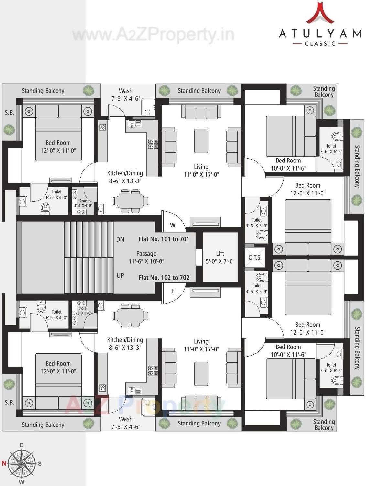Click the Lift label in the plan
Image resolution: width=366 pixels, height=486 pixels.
(x=220, y=257)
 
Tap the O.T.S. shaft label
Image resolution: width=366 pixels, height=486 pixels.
(x=255, y=258)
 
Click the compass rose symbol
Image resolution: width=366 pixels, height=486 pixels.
(x=22, y=464)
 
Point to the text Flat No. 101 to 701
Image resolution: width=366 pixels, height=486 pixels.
(x=164, y=239)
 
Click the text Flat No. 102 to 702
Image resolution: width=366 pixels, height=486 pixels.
(x=164, y=278)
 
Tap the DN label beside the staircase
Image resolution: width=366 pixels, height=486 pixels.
(x=120, y=240)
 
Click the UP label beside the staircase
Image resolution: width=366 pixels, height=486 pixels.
(x=120, y=276)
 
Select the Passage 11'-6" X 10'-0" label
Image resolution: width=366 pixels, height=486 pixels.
(x=146, y=258)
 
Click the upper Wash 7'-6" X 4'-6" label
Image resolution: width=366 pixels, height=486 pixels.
(x=125, y=95)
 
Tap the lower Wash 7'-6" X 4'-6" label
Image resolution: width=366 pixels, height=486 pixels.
(x=125, y=423)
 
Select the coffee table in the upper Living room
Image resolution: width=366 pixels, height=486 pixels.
(x=201, y=141)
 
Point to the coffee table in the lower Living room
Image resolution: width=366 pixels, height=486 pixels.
(x=201, y=373)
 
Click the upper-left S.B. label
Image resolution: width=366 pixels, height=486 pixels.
(x=10, y=113)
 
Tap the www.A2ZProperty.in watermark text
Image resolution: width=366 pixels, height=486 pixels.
(x=153, y=34)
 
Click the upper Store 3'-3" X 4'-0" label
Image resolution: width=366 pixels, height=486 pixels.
(x=83, y=203)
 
